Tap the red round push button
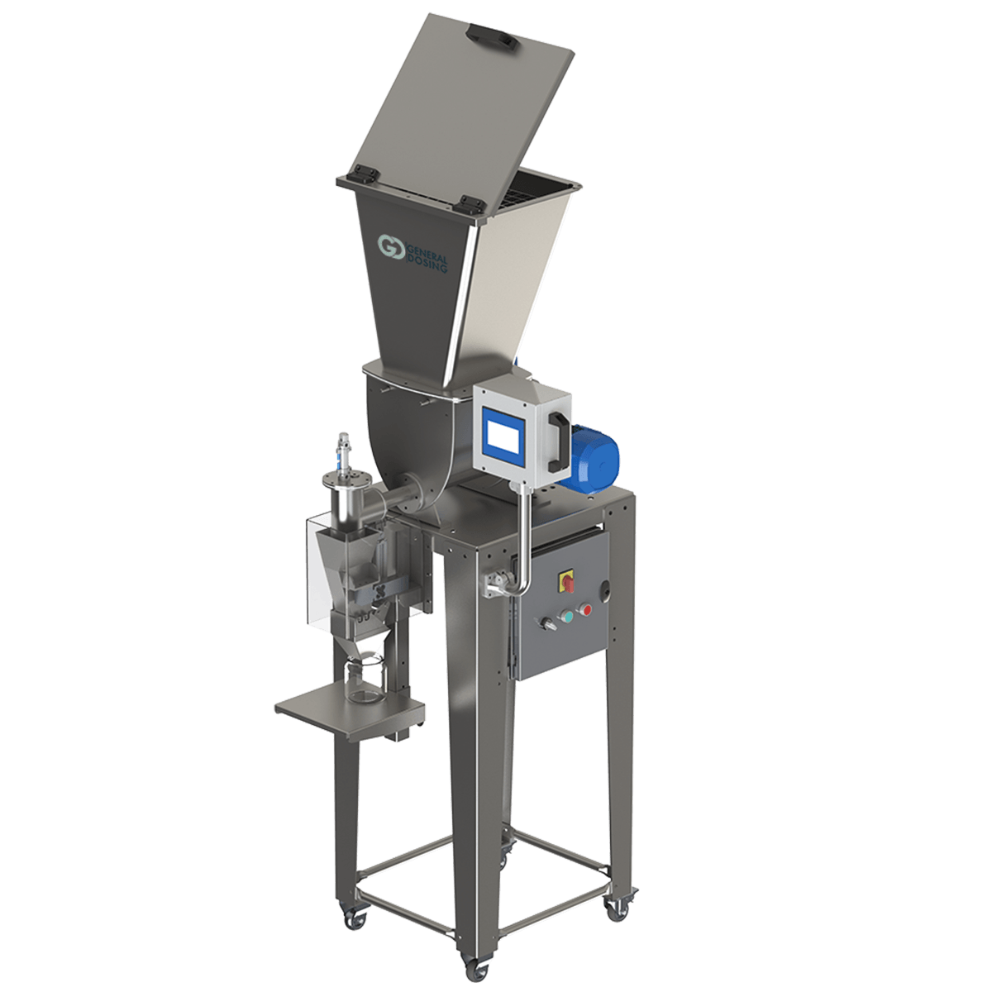(x=585, y=610)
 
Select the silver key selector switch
(x=546, y=623)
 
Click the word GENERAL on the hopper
(x=427, y=252)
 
